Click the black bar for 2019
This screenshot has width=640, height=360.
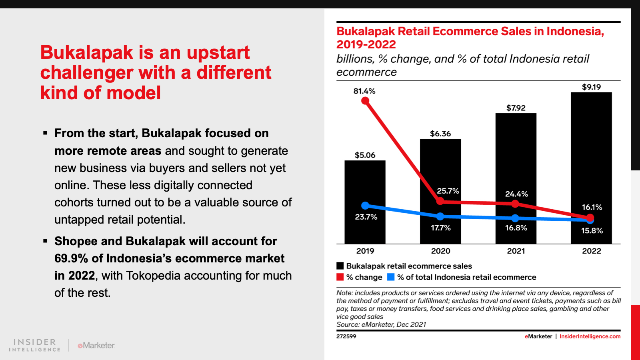pyautogui.click(x=365, y=202)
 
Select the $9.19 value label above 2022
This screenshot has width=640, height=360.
pyautogui.click(x=592, y=87)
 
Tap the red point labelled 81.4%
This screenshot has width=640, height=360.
pyautogui.click(x=365, y=101)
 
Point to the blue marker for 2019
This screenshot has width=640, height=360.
pyautogui.click(x=365, y=206)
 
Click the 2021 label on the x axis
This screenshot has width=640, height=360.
pyautogui.click(x=516, y=251)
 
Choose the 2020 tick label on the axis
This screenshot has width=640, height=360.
pyautogui.click(x=440, y=251)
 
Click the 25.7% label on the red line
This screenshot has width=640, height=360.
pyautogui.click(x=448, y=191)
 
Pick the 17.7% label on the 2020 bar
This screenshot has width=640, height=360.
pyautogui.click(x=440, y=228)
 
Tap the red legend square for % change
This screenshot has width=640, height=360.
pyautogui.click(x=340, y=277)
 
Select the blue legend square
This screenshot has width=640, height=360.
pyautogui.click(x=390, y=277)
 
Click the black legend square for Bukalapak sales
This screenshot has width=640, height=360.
pyautogui.click(x=340, y=266)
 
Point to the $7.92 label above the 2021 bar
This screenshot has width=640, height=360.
pyautogui.click(x=516, y=108)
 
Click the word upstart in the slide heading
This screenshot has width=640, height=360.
pyautogui.click(x=218, y=53)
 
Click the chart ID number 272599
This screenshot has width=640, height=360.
pyautogui.click(x=346, y=336)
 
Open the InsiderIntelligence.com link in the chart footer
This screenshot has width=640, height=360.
pyautogui.click(x=590, y=336)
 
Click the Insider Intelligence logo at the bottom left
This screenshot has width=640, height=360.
pyautogui.click(x=34, y=345)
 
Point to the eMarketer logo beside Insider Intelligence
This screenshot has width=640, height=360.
pyautogui.click(x=96, y=346)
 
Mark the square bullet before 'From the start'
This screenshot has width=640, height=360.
pyautogui.click(x=45, y=133)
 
